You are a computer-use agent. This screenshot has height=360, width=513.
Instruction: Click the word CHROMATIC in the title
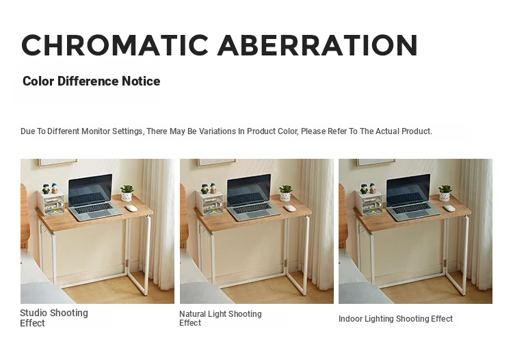pyautogui.click(x=115, y=45)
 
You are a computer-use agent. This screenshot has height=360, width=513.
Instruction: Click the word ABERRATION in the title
pyautogui.click(x=317, y=45)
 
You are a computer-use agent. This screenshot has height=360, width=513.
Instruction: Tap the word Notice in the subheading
pyautogui.click(x=141, y=81)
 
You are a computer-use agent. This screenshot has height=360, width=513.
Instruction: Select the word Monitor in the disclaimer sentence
pyautogui.click(x=96, y=131)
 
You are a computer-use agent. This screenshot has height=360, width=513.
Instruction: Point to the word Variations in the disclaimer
pyautogui.click(x=218, y=131)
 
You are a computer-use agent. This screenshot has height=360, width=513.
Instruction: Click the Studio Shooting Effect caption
pyautogui.click(x=54, y=318)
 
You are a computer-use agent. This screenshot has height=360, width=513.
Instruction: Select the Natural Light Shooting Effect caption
pyautogui.click(x=220, y=318)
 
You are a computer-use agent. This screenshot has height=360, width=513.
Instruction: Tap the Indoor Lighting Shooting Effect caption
pyautogui.click(x=395, y=319)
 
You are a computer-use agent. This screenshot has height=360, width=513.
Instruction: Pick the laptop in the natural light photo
pyautogui.click(x=253, y=197)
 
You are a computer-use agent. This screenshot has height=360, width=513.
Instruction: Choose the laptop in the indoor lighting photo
pyautogui.click(x=412, y=197)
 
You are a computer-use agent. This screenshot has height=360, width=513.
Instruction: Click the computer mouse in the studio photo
pyautogui.click(x=131, y=208)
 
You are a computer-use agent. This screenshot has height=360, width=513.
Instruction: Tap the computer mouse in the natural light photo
pyautogui.click(x=290, y=208)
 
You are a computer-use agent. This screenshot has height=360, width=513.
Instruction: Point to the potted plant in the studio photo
pyautogui.click(x=127, y=193)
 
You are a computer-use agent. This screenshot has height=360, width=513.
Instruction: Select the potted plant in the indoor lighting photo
pyautogui.click(x=445, y=193)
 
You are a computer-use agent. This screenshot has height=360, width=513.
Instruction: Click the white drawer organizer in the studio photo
pyautogui.click(x=51, y=203)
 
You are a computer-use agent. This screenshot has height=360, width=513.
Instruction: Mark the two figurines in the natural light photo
pyautogui.click(x=209, y=188)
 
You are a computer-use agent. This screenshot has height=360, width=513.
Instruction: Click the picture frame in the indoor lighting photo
pyautogui.click(x=376, y=163)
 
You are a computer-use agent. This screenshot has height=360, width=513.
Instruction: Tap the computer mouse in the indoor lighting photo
pyautogui.click(x=449, y=208)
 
